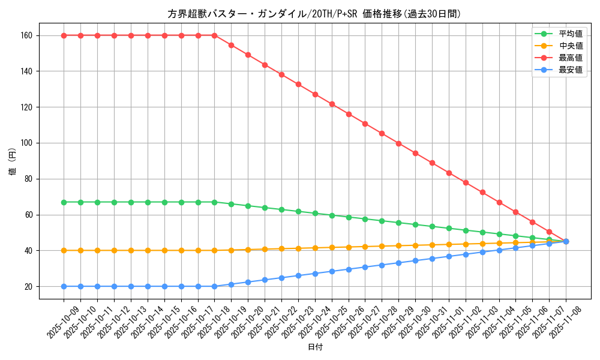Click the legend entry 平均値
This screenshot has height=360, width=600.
click(570, 34)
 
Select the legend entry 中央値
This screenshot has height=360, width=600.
click(570, 46)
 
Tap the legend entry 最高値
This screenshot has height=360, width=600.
click(570, 58)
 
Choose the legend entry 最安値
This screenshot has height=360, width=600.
click(570, 70)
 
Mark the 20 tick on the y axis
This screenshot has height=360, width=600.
click(28, 286)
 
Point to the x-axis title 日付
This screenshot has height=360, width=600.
click(315, 347)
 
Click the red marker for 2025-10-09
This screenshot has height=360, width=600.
click(64, 35)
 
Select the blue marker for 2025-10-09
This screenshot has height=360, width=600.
click(64, 286)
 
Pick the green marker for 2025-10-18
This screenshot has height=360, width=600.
click(214, 202)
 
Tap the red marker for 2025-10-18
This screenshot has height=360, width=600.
click(214, 35)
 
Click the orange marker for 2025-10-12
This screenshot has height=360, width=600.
click(114, 250)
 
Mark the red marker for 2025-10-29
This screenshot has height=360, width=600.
click(398, 143)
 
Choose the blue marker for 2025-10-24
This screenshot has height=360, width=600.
click(315, 274)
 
